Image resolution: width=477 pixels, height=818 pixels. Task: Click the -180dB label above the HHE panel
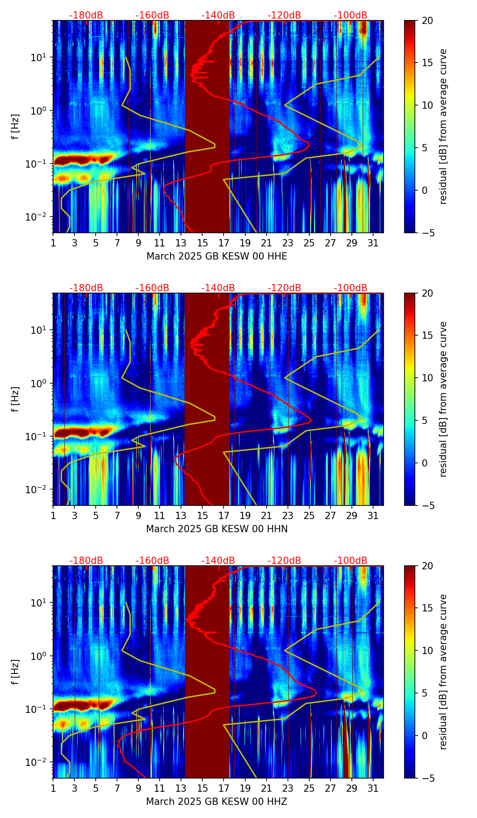point(86,15)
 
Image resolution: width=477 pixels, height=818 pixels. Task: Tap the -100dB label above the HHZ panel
point(350,561)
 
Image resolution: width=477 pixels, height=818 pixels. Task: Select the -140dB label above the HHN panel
point(218,288)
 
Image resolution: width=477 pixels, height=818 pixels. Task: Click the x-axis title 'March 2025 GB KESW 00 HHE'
point(217,256)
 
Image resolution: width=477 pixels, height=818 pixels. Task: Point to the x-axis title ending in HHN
point(217,529)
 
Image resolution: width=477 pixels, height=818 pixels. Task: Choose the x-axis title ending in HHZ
point(217,802)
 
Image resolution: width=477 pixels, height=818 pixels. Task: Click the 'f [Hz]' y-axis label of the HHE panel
point(15,127)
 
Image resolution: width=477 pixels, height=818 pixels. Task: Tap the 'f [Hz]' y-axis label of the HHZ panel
point(15,672)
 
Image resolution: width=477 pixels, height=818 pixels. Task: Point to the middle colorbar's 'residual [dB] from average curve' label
point(443,399)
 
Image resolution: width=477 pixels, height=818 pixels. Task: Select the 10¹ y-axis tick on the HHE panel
point(38,58)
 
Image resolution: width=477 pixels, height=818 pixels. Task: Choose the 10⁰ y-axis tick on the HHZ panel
point(38,656)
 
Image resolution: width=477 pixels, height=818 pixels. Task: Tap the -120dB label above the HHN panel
point(284,288)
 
